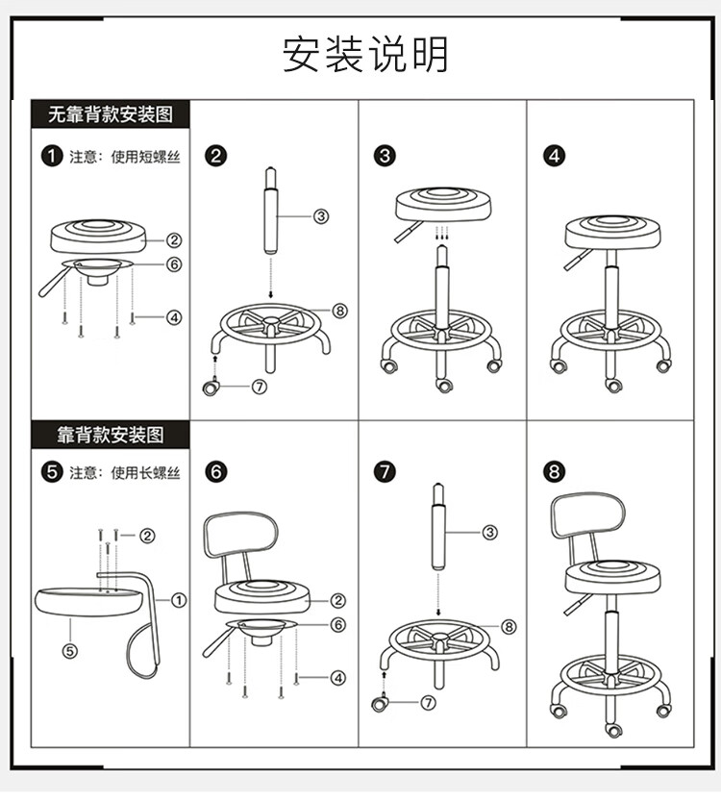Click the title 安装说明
365,54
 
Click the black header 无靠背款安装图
111,114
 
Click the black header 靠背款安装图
111,435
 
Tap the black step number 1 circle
52,156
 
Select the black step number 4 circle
555,156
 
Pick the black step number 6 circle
215,471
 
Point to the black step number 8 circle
555,471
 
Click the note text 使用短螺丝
146,157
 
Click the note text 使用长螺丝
146,472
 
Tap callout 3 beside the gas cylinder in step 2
321,216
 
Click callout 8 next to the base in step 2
339,311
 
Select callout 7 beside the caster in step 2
260,387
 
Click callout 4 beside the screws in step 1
174,317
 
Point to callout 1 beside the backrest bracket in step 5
179,600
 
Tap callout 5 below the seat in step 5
70,651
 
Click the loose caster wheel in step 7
379,703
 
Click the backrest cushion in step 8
588,515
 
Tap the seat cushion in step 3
443,205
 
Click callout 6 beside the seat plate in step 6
337,624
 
